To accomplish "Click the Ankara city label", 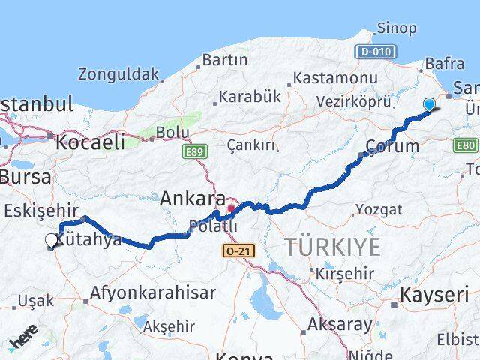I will pyautogui.click(x=193, y=199).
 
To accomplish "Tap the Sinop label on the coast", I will pyautogui.click(x=396, y=28).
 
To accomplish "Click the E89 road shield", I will pyautogui.click(x=193, y=151).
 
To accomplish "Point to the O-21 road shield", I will pyautogui.click(x=235, y=250).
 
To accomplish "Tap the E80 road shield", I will pyautogui.click(x=465, y=145).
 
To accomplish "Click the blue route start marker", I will pyautogui.click(x=429, y=105).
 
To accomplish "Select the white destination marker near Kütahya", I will pyautogui.click(x=51, y=240).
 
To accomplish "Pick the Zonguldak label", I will pyautogui.click(x=118, y=73).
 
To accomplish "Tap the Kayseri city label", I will pyautogui.click(x=434, y=294).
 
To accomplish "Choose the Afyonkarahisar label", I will pyautogui.click(x=152, y=292).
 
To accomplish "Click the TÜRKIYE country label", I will pyautogui.click(x=332, y=246).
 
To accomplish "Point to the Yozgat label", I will pyautogui.click(x=373, y=208).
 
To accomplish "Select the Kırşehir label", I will pyautogui.click(x=345, y=273).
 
